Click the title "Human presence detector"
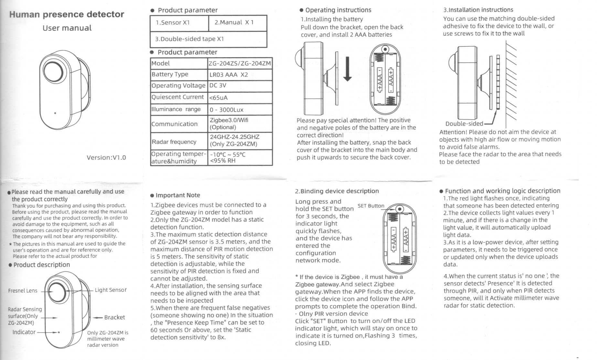pos(67,15)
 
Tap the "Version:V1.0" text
pos(106,158)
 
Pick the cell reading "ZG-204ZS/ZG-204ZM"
pos(240,63)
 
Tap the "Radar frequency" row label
pos(174,142)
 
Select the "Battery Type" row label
pos(170,74)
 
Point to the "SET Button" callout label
pos(371,206)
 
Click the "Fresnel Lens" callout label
pos(23,291)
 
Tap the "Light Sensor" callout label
pos(111,290)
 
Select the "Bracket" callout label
pos(114,317)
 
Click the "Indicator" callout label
pos(24,332)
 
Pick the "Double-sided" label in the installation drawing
pos(464,124)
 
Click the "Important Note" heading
pos(177,195)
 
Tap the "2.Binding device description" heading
pos(337,191)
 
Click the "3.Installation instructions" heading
pos(478,10)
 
